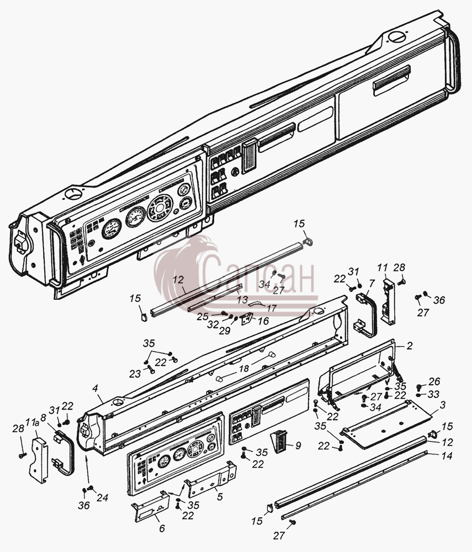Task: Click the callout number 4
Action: click(95, 389)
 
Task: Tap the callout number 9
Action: click(298, 445)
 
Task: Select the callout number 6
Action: click(162, 528)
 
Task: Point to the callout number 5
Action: click(220, 497)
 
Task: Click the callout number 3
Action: click(442, 405)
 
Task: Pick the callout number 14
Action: click(447, 456)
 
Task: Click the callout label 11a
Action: click(33, 423)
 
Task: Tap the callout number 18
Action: click(243, 369)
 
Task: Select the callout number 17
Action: click(271, 309)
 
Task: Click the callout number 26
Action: click(434, 381)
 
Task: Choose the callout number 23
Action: click(135, 374)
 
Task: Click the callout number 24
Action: click(103, 498)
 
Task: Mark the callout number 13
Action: click(242, 300)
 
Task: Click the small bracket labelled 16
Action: click(247, 319)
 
